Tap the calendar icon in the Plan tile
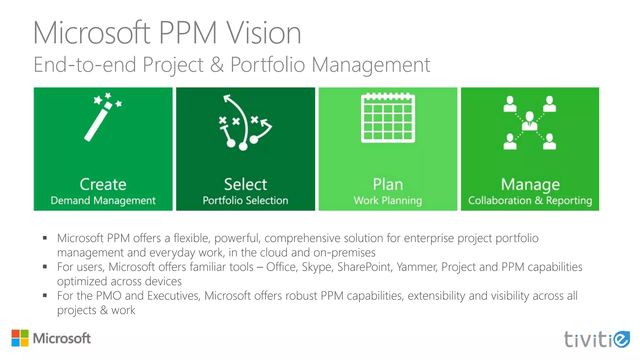(388, 118)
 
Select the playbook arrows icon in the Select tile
(245, 123)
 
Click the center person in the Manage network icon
(529, 121)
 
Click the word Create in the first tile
(103, 184)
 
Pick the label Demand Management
(103, 200)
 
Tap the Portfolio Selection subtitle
(245, 200)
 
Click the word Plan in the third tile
(388, 184)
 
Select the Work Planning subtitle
(388, 200)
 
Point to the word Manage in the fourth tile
(530, 184)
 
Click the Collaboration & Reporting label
(530, 200)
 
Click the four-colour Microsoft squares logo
(20, 338)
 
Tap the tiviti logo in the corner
(597, 339)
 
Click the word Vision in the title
(263, 33)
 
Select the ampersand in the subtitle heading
(217, 65)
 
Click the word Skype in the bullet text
(316, 267)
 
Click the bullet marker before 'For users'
(45, 267)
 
